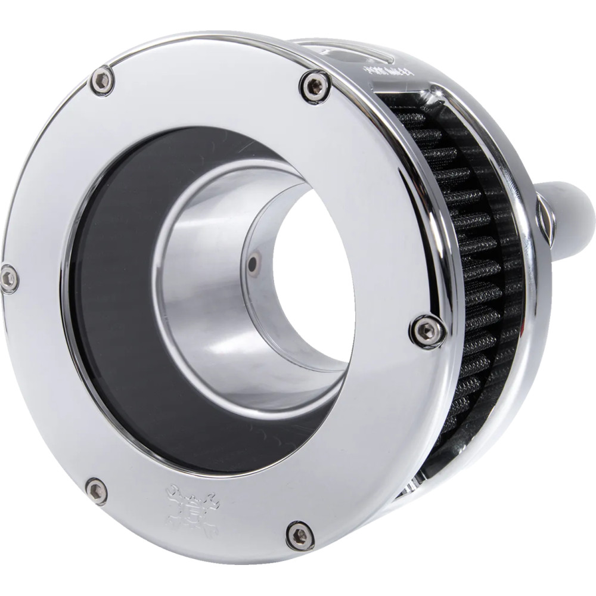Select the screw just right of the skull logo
[300, 535]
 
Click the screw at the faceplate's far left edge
[8, 278]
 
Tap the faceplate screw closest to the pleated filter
[428, 331]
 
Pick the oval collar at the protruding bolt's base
[546, 215]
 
